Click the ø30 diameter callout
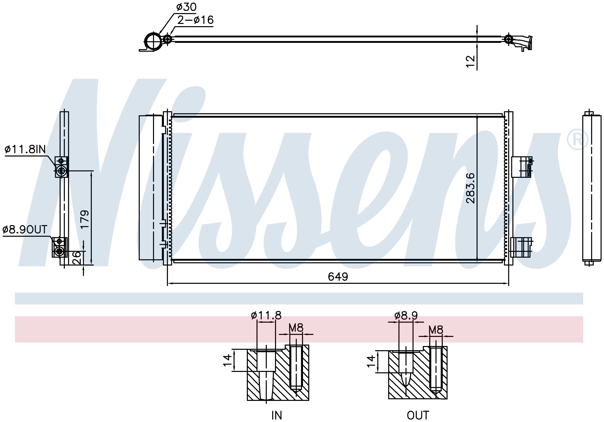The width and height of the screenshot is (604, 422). click(x=186, y=7)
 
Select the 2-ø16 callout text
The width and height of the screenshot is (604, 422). click(x=195, y=20)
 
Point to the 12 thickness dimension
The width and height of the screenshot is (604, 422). click(x=471, y=62)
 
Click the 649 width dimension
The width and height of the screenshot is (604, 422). click(x=338, y=277)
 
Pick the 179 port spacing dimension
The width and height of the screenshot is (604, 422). click(x=85, y=219)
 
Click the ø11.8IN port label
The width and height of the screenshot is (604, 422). click(x=25, y=149)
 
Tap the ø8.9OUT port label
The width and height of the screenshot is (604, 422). click(x=25, y=230)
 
